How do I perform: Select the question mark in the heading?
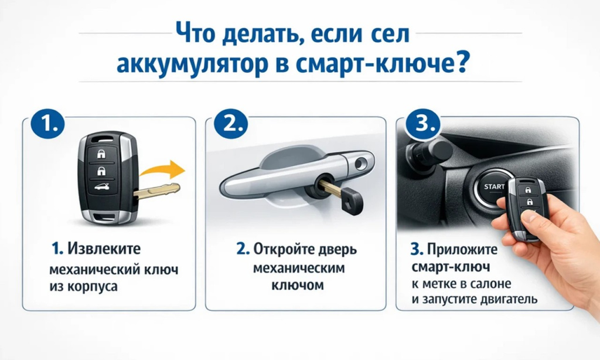click(x=461, y=63)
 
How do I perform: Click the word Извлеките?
click(x=104, y=249)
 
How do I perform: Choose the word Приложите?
click(x=462, y=249)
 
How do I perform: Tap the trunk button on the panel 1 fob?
click(x=103, y=189)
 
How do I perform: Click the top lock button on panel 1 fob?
click(x=103, y=154)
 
